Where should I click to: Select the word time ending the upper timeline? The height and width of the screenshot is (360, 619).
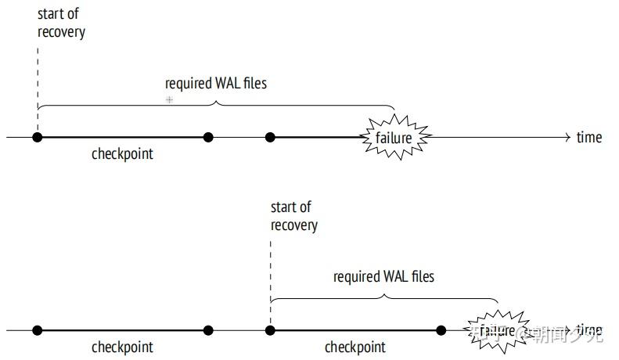589,138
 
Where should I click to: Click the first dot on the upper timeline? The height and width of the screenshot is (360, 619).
37,138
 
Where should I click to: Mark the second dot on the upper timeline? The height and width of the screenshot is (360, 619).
208,138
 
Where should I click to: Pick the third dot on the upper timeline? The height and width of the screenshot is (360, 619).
270,138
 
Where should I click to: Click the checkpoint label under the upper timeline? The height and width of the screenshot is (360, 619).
122,154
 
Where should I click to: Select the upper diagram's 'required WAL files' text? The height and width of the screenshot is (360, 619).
216,83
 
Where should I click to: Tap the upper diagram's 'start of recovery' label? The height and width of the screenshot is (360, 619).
61,23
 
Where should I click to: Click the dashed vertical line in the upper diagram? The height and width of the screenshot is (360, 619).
37,86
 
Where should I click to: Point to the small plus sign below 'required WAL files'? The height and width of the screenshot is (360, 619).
169,100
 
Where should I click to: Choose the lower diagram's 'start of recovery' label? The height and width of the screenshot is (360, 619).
294,216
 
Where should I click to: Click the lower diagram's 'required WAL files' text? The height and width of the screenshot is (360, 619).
383,277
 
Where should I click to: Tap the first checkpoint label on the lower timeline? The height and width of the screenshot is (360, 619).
122,347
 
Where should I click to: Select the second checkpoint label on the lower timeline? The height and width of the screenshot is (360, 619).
355,347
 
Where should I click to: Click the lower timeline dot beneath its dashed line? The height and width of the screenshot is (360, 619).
270,330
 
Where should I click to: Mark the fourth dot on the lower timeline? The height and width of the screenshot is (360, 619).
441,330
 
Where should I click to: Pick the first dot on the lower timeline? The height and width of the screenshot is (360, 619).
37,330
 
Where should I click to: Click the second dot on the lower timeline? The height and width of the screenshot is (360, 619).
208,330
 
